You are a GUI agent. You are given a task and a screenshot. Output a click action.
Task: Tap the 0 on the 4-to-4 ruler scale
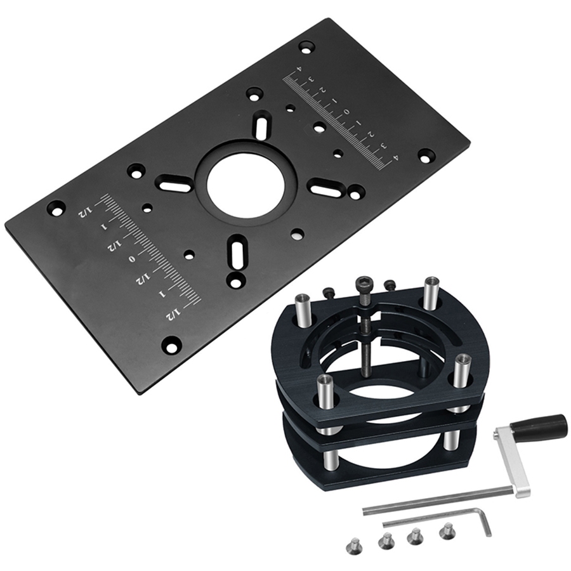tap(346, 112)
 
